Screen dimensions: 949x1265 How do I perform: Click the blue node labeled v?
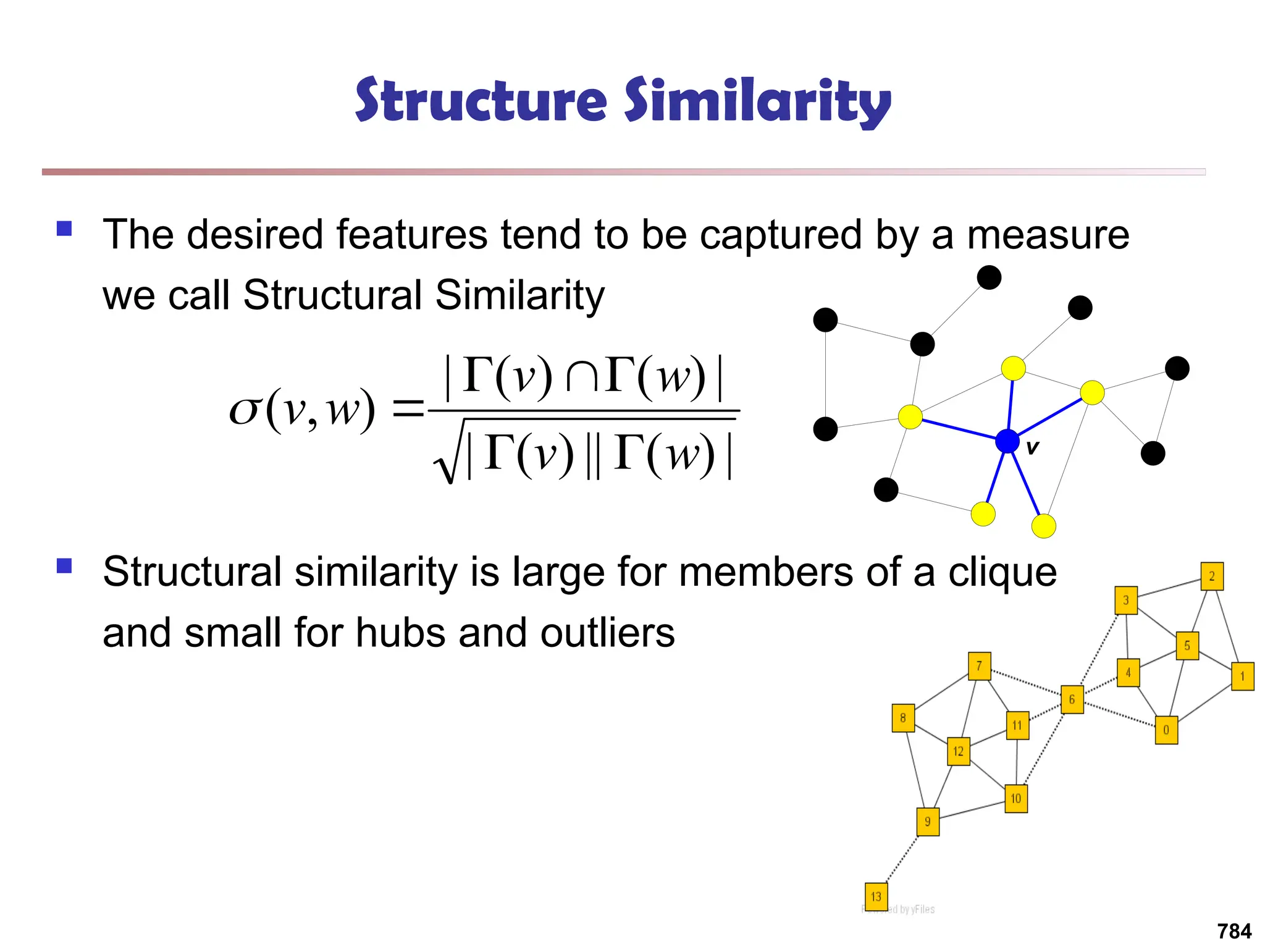point(1007,441)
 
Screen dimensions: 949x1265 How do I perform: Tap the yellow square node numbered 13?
point(876,896)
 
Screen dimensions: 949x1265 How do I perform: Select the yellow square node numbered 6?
point(1072,699)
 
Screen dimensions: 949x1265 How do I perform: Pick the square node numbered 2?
point(1212,576)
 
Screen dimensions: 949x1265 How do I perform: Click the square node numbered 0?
point(1166,730)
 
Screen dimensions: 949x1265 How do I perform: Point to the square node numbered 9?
point(928,822)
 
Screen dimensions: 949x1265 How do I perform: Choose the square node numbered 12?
point(959,751)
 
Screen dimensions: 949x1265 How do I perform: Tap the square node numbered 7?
point(980,666)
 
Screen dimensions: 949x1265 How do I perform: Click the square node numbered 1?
point(1243,677)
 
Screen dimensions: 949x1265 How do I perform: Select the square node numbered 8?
point(903,718)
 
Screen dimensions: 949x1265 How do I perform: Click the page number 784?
point(1234,930)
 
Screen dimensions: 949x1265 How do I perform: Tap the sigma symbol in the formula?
point(244,410)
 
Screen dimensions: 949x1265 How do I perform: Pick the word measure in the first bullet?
point(1048,235)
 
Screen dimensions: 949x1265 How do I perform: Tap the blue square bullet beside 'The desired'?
point(64,229)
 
